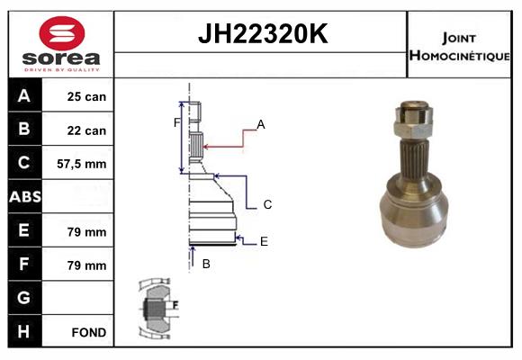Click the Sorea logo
61,44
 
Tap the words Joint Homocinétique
459,45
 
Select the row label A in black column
24,96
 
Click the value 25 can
87,96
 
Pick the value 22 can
87,130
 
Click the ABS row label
24,197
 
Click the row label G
24,298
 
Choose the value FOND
88,332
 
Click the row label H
24,331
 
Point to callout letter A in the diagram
260,124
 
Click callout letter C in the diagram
267,204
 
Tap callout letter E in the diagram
264,240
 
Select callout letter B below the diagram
205,264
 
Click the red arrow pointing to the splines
225,141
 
